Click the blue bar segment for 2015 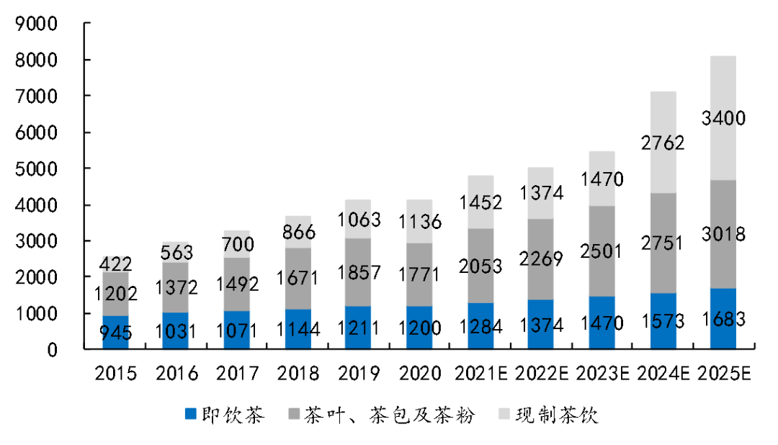tap(115, 333)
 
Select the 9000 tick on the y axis tap(35, 24)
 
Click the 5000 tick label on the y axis tap(35, 169)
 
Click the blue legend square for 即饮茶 tap(190, 415)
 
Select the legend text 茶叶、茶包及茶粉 tap(389, 415)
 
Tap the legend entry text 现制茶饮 tap(557, 415)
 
